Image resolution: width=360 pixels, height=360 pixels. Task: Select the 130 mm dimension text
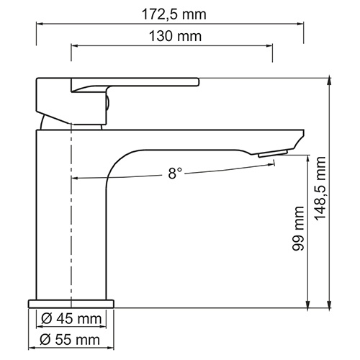(172, 35)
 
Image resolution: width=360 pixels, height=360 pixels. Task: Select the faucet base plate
(72, 302)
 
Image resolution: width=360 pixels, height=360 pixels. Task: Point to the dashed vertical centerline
(72, 238)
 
